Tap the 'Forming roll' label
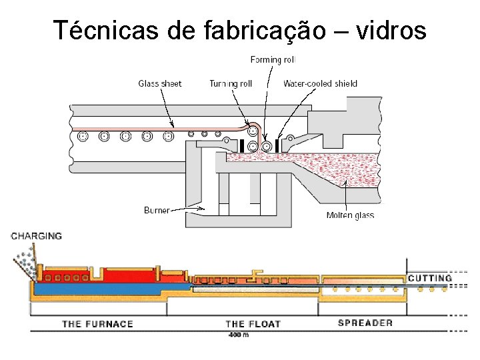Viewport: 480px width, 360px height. [x=273, y=60]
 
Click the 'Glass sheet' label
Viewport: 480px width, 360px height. [x=160, y=83]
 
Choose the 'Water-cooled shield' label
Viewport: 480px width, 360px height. [x=320, y=83]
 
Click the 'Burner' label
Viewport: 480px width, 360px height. [x=157, y=210]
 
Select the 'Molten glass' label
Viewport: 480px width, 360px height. [x=350, y=215]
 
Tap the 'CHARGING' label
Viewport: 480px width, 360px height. [x=37, y=236]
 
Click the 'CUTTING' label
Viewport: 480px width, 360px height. [x=430, y=278]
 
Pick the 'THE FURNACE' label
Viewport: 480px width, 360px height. [x=97, y=324]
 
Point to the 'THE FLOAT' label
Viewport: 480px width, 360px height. [x=253, y=324]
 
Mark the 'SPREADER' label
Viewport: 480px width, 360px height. [x=365, y=323]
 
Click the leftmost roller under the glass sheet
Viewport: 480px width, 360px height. [x=83, y=137]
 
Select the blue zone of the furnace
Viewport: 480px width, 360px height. [x=100, y=290]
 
